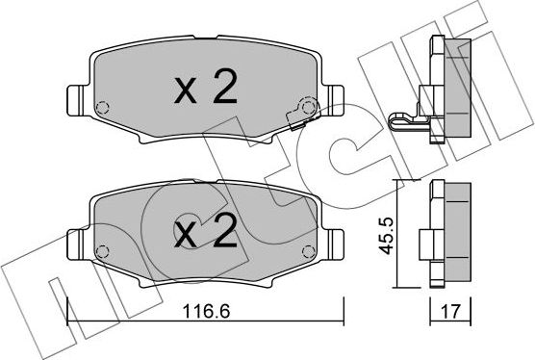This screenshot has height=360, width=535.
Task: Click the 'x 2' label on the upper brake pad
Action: click(x=204, y=90)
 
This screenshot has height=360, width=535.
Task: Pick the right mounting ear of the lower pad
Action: click(x=335, y=241)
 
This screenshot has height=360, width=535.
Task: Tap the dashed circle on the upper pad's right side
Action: click(x=307, y=106)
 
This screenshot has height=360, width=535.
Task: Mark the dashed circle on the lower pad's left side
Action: click(x=104, y=248)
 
